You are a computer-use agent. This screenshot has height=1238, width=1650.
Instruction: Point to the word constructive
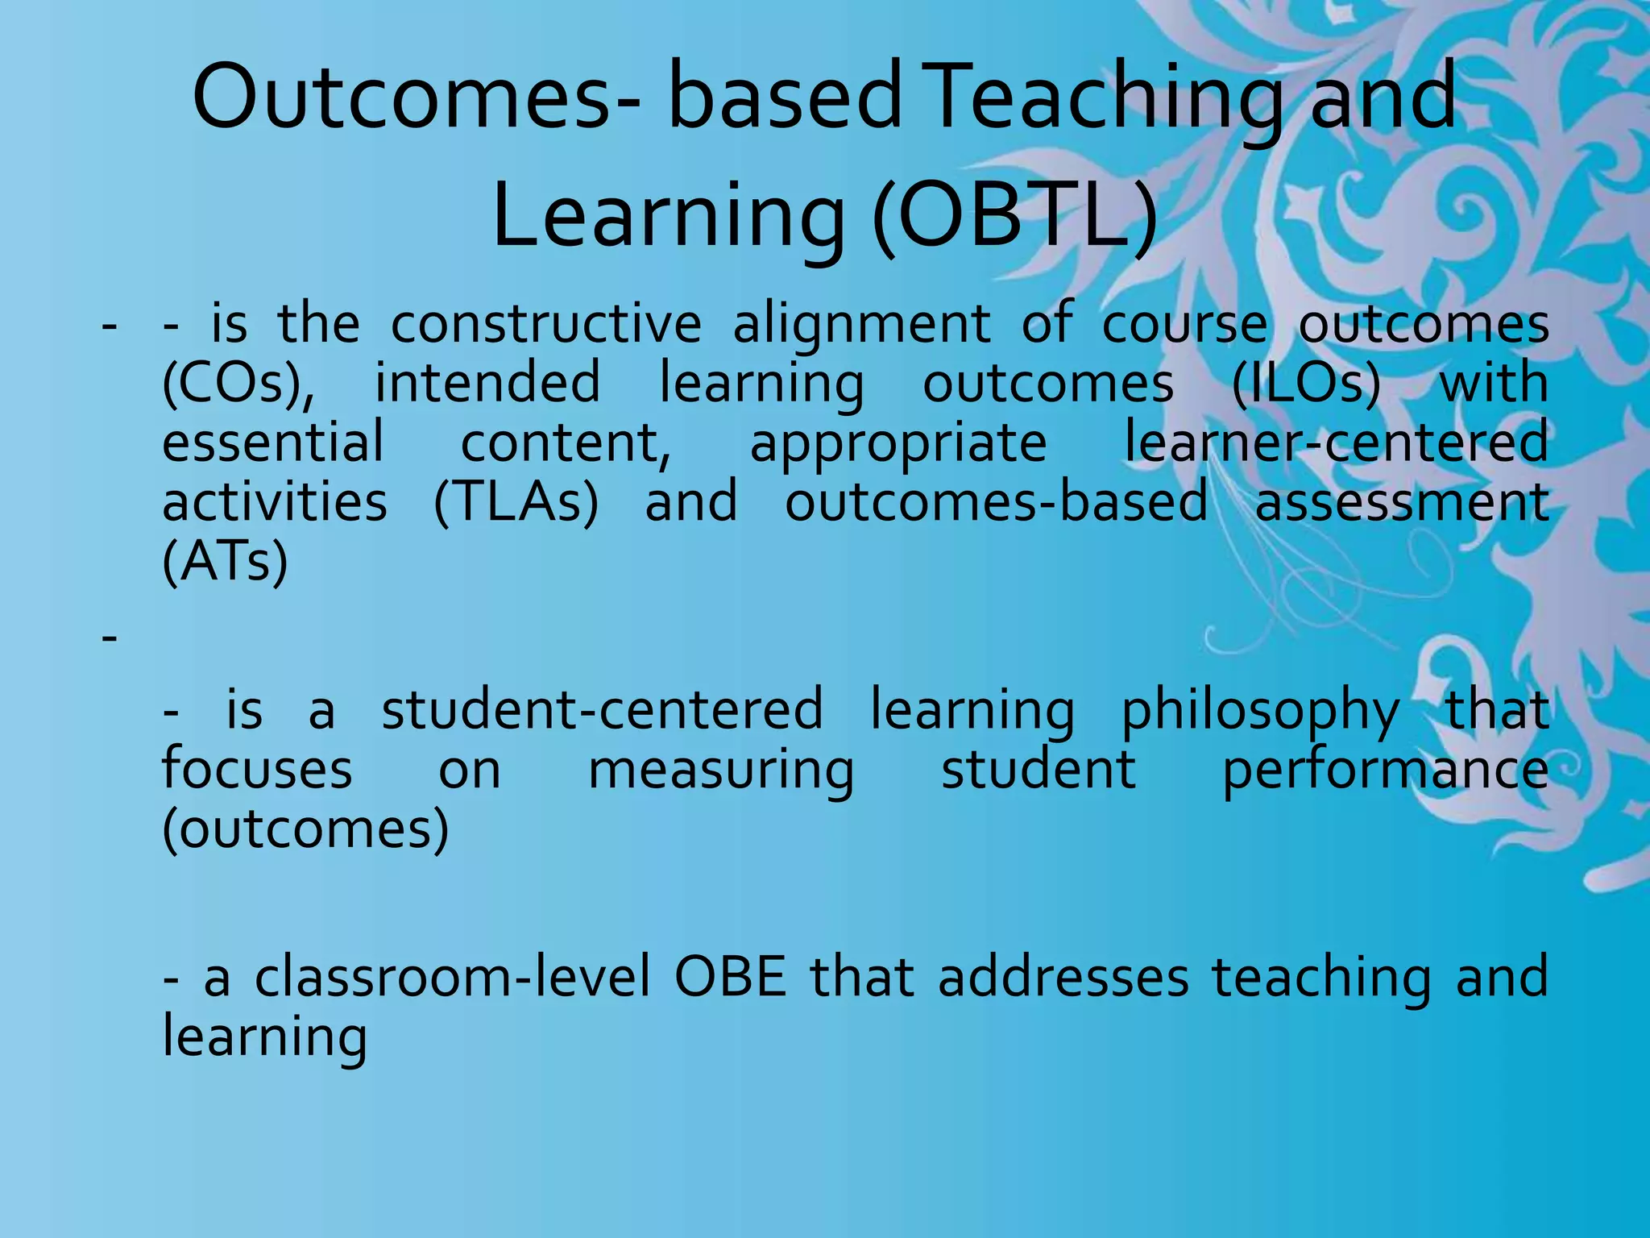click(x=546, y=324)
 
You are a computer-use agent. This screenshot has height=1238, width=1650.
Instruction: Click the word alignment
click(x=861, y=324)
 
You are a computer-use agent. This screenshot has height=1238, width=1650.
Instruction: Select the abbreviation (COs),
click(x=239, y=384)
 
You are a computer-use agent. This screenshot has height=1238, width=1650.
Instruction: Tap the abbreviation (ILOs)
click(x=1305, y=384)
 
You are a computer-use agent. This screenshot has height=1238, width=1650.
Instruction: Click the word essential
click(x=273, y=442)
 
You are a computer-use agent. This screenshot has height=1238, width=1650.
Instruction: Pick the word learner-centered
click(x=1336, y=442)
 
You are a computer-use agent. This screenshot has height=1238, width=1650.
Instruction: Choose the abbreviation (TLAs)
click(x=516, y=502)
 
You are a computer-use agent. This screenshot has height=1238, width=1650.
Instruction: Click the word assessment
click(x=1402, y=502)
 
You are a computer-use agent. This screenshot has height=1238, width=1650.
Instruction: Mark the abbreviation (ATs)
click(x=225, y=562)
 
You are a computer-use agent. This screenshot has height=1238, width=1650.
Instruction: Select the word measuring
click(x=721, y=771)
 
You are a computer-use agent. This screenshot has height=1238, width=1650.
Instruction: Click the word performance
click(x=1385, y=771)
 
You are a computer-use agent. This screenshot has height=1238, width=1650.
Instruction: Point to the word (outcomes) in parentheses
click(x=305, y=829)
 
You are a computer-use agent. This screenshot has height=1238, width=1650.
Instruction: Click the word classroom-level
click(x=452, y=977)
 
